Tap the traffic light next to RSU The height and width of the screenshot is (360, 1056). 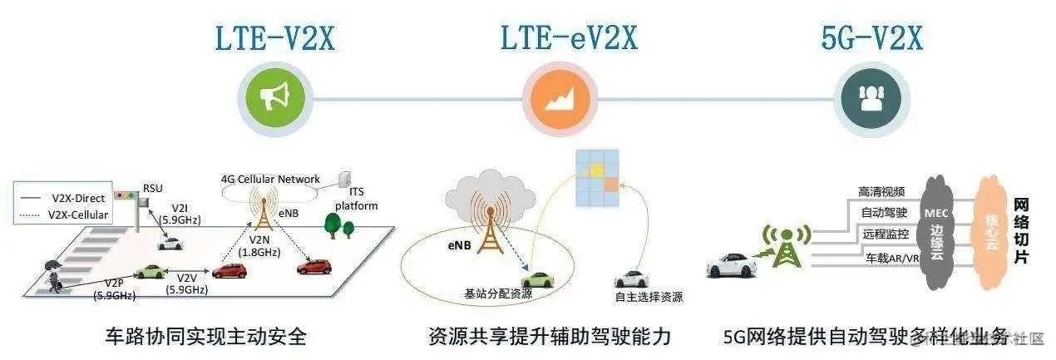[126, 195]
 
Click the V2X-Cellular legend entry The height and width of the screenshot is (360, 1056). [76, 215]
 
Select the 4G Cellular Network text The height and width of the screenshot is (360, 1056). [270, 179]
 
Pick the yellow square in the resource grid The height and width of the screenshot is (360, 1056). [595, 170]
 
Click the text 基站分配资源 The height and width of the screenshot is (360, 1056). [497, 294]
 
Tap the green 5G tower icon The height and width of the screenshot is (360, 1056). [782, 246]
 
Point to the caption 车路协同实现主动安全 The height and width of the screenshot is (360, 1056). [205, 337]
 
